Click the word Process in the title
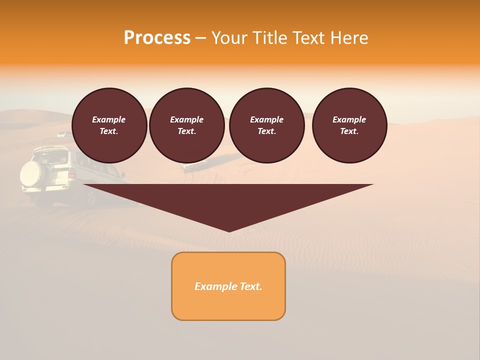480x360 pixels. pos(157,38)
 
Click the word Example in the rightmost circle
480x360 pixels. pos(349,119)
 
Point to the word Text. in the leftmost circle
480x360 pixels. pos(109,131)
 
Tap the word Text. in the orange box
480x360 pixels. pos(250,286)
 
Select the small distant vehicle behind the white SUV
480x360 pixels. pos(61,134)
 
